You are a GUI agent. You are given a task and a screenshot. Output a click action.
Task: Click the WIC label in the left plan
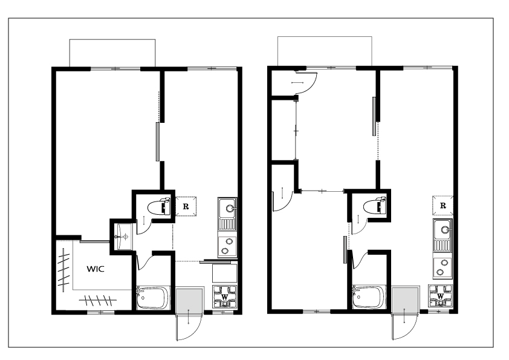pos(96,269)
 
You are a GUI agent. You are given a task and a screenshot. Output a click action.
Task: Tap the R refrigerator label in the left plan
pos(186,207)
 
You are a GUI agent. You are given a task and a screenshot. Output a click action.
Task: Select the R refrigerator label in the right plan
pos(443,206)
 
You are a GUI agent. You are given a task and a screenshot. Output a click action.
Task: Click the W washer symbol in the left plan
pos(224,296)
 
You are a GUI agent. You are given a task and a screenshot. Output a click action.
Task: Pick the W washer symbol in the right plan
pos(440,296)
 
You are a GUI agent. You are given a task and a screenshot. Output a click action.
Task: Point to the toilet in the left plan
pos(158,207)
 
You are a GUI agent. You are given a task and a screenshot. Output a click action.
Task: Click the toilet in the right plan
pos(375,206)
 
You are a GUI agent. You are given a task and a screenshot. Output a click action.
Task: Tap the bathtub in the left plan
pos(153,298)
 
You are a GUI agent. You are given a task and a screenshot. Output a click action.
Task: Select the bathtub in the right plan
pos(369,297)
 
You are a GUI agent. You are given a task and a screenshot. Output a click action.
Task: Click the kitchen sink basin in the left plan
pos(227,208)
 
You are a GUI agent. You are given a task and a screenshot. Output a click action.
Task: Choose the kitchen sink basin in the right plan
pos(443,230)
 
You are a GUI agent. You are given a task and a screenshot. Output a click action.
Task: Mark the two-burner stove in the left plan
pos(227,246)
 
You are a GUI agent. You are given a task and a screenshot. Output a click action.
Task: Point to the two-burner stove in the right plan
pos(443,267)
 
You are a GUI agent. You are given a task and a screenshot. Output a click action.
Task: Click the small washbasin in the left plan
pos(123,237)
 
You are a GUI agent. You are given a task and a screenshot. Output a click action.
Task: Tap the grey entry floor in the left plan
pos(189,301)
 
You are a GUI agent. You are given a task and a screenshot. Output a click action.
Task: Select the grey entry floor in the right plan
pos(405,299)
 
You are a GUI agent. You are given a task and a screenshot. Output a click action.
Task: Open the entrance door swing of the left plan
pos(189,327)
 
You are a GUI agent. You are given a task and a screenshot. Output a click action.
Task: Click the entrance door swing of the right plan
pos(404,326)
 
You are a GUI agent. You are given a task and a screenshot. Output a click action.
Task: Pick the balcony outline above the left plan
pos(112,40)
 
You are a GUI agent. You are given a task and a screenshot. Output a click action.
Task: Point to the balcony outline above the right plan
pos(325,37)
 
